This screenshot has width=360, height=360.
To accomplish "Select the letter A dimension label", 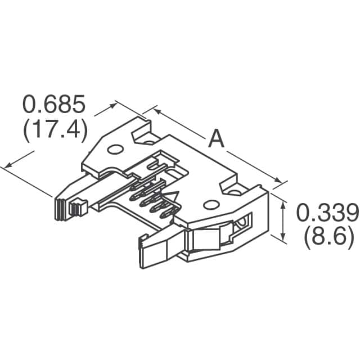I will (x=216, y=138).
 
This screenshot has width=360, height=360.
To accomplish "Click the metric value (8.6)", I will (x=328, y=238).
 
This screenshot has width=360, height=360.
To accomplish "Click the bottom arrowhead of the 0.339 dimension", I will (x=282, y=237).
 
